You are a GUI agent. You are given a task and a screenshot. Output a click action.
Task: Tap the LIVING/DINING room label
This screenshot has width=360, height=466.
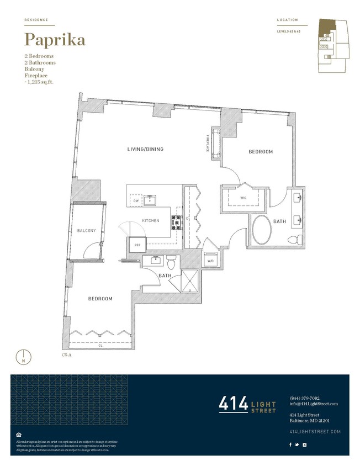coord(146,149)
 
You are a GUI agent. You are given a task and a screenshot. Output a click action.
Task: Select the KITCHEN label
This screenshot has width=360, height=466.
coord(151,220)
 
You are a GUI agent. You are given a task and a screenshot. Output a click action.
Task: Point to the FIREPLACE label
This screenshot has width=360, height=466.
coord(208,142)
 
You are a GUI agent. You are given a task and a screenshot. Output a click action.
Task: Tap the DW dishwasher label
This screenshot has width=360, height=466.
coord(136,201)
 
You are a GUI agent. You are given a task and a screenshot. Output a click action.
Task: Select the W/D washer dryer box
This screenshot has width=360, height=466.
coord(210,260)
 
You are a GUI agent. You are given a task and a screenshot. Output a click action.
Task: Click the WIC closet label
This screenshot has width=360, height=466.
coord(242,197)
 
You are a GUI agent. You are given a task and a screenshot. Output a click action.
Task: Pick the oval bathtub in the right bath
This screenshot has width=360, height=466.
coord(261,229)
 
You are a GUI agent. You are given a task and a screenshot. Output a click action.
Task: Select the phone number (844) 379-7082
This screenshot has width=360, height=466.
coord(304,398)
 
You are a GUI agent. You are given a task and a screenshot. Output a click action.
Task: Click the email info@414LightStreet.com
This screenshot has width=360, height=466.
coord(313,404)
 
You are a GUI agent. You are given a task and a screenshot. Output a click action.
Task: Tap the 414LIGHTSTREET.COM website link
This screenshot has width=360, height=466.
coord(315,431)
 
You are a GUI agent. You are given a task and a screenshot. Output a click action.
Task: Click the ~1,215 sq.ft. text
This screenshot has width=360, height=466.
coord(42,82)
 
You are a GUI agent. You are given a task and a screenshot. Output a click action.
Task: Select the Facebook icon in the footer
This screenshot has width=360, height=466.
coord(290,444)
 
